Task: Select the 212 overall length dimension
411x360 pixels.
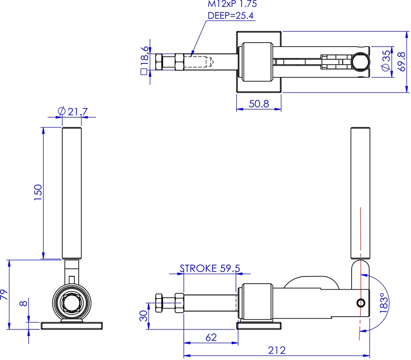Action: click(277, 350)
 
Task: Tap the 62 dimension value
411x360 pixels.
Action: click(210, 337)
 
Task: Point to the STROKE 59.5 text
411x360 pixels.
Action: click(210, 268)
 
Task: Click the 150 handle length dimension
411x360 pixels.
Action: click(37, 193)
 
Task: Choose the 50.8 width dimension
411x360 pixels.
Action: click(259, 104)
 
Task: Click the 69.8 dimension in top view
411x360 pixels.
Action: click(400, 61)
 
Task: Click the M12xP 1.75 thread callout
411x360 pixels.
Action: click(232, 4)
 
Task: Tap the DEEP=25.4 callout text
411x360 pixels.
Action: click(231, 16)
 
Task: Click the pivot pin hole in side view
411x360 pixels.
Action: click(361, 303)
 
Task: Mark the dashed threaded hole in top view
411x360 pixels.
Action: click(199, 62)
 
